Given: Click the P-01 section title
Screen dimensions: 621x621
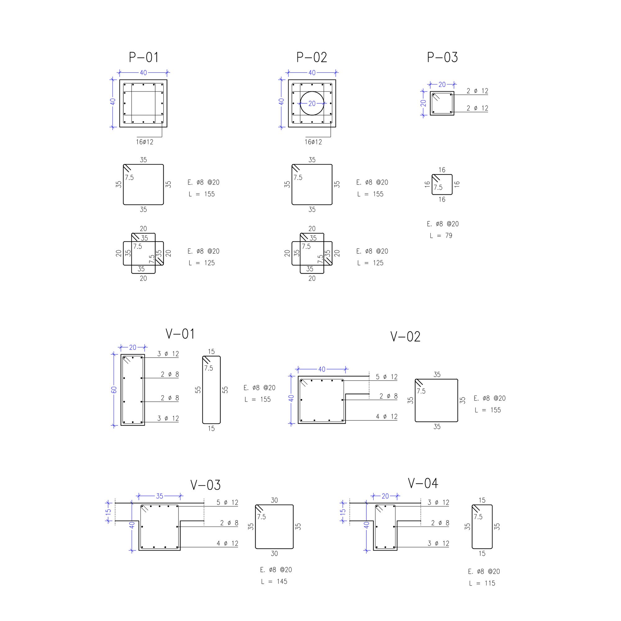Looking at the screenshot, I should pos(144,57).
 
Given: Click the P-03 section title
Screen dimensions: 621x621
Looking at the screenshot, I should pos(442,57).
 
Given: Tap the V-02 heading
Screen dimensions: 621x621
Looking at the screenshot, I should pos(405,337).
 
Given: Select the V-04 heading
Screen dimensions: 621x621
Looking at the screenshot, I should pos(423,483).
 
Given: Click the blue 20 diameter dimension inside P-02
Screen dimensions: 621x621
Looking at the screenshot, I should pos(312,103).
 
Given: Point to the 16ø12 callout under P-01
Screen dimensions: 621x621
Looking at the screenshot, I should pos(145,142).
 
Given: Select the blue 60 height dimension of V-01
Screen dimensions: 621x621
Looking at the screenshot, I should pos(114,390).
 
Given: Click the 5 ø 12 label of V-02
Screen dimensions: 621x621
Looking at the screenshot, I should pos(387,377).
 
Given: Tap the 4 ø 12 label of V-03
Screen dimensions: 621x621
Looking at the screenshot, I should pos(227,543).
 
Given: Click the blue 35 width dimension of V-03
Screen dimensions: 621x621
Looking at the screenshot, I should pos(160,496).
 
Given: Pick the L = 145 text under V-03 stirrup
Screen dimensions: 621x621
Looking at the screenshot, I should pos(274,581).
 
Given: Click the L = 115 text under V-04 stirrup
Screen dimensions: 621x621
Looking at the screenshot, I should pos(482,583).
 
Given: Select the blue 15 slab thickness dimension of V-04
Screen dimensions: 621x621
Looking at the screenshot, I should pos(343,511).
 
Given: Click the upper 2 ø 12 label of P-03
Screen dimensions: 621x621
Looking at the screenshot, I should pos(477,91).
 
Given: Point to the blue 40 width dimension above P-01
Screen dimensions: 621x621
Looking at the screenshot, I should pos(143,73).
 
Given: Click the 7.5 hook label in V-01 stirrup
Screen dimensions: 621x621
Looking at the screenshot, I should pos(209,368).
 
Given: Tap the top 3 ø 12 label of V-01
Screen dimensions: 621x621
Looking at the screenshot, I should pos(168,354).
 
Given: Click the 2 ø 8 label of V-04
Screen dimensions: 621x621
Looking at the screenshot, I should pos(440,523).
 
